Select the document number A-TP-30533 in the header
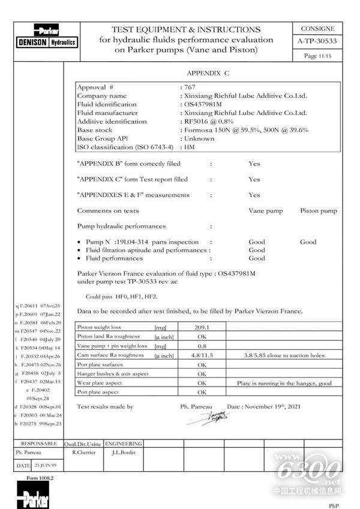(x=318, y=41)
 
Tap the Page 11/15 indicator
(x=318, y=55)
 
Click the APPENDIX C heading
(x=208, y=73)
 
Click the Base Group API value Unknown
(x=199, y=138)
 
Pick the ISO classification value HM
(x=190, y=146)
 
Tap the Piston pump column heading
(x=318, y=211)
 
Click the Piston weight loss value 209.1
(x=202, y=328)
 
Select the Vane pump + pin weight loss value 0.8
(x=202, y=346)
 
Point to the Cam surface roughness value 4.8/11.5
(x=202, y=355)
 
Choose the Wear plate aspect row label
(x=100, y=383)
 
